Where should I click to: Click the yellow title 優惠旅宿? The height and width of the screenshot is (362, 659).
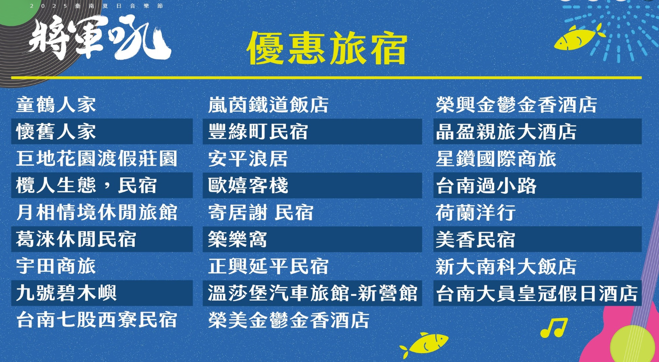327,48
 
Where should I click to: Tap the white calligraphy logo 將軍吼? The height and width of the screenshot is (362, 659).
100,37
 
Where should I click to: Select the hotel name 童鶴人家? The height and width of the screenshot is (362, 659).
56,104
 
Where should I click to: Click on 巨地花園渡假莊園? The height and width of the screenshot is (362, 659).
97,158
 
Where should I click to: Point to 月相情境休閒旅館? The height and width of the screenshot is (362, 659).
97,212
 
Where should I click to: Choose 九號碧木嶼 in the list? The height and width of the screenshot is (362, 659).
66,293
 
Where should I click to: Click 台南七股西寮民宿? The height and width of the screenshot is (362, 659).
97,320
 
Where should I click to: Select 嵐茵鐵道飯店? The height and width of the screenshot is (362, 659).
268,104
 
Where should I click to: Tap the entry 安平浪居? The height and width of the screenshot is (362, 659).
248,158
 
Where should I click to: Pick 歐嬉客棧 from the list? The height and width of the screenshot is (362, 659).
248,185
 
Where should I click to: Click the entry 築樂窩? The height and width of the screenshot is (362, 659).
237,239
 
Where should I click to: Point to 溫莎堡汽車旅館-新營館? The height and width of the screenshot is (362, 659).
313,293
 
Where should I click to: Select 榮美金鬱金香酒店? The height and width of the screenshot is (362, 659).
289,320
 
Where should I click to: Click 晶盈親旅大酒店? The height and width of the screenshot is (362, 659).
506,132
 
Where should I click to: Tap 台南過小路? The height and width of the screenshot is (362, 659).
486,185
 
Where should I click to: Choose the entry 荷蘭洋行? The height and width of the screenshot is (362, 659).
476,212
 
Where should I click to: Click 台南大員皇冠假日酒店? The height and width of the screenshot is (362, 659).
537,293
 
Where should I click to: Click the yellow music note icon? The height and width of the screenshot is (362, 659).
554,327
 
